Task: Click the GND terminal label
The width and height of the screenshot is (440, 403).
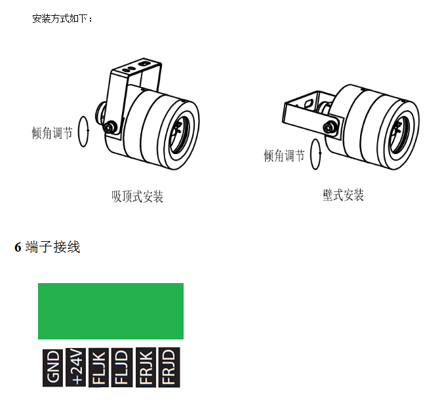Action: point(52,368)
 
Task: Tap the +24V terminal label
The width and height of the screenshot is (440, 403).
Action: point(76,367)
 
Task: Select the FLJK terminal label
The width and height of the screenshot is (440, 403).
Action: point(98,368)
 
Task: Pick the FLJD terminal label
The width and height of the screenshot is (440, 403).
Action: point(122,368)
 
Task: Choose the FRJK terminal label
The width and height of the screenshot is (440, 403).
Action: point(146,368)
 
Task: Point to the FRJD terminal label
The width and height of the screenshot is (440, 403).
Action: point(169,368)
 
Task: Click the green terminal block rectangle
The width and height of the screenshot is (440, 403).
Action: point(111,311)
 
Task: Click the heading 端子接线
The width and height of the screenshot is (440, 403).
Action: point(52,247)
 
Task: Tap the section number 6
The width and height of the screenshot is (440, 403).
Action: point(18,247)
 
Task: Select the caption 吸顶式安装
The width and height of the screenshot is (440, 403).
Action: point(137,197)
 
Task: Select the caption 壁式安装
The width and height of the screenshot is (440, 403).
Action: point(343,195)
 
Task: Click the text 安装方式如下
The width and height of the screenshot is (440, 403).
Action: point(59,19)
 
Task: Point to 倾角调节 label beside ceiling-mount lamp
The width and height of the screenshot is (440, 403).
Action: point(52,132)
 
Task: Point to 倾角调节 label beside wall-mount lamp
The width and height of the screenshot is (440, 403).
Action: point(284,155)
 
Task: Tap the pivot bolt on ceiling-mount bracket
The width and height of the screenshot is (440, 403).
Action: point(109,126)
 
